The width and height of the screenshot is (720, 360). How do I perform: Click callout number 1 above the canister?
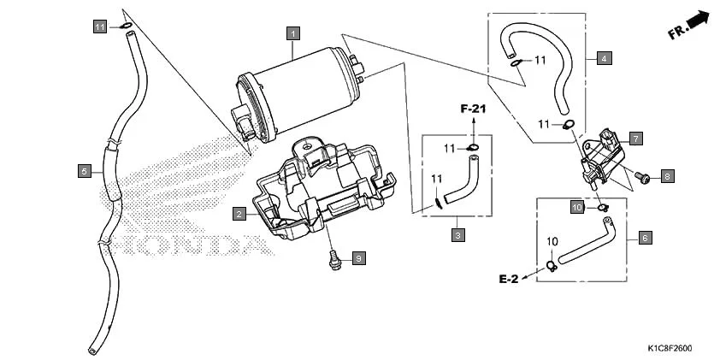coord(293,33)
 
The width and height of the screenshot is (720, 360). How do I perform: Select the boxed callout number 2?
coord(240,212)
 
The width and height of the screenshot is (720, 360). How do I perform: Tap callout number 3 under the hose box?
coord(457,234)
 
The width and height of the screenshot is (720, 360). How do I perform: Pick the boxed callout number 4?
coord(604,58)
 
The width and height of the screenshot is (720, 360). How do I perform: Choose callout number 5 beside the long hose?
coord(84,171)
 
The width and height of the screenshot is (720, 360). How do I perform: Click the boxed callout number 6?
coord(645,238)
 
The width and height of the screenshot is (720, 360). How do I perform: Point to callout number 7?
coord(635,138)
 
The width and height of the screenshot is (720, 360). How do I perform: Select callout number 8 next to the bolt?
coord(667,175)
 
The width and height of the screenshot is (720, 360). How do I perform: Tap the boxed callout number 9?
coord(358,257)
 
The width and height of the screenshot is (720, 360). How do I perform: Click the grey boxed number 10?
coord(577,208)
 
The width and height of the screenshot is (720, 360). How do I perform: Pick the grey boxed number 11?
coord(100,27)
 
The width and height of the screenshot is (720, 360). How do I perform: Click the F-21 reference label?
coord(473,109)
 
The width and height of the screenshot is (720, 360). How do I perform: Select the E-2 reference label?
coord(510,279)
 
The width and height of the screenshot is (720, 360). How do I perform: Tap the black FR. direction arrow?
coord(700,21)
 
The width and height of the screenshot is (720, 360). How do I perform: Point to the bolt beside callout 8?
coord(643,178)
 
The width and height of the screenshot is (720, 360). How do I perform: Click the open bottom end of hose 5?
coord(91,351)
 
